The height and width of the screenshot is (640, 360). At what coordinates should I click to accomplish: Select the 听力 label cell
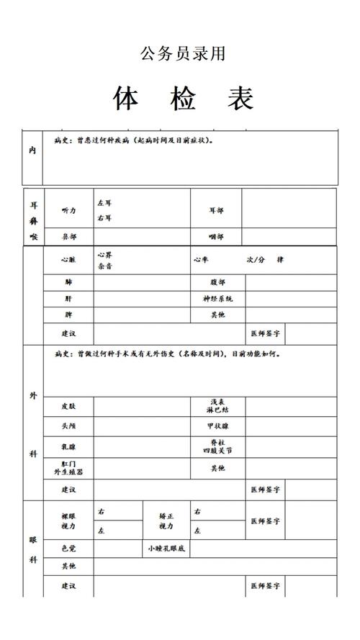point(69,210)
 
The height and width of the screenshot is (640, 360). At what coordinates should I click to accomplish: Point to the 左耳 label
point(104,203)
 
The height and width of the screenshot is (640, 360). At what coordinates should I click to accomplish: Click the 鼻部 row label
point(69,236)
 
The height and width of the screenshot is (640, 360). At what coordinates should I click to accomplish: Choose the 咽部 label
point(216,236)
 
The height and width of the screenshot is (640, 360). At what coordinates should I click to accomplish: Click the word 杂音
point(105,266)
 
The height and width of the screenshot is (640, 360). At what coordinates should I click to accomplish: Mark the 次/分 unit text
point(256,259)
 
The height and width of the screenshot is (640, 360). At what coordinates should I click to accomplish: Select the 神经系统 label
point(217,298)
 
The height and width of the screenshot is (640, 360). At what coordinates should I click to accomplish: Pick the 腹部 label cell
point(217,282)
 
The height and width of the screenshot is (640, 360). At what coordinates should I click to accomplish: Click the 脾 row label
point(68,315)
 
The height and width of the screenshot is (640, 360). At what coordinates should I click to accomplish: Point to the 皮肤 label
point(69,406)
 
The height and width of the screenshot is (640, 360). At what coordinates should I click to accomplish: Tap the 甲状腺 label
point(217,426)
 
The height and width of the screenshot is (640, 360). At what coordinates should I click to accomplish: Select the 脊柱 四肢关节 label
point(217,447)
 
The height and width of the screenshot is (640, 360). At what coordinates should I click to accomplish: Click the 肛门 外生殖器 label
point(68,468)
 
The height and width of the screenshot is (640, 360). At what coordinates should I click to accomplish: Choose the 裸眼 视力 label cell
point(68,520)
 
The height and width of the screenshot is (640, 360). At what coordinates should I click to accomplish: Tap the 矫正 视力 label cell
point(166,520)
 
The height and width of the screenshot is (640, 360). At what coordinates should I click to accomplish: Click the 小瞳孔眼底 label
point(166,549)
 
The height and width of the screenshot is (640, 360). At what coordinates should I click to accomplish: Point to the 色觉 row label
point(68,549)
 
